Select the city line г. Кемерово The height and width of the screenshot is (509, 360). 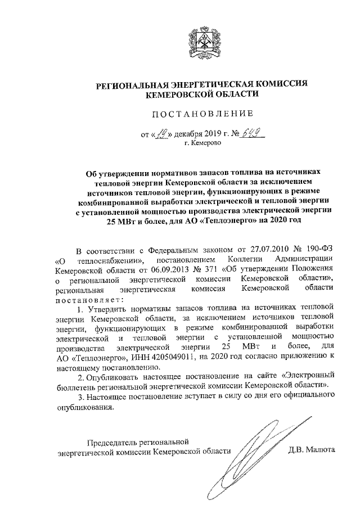[x=203, y=143]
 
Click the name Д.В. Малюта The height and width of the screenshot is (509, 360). [x=311, y=450]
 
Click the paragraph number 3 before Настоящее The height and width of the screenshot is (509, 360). [x=79, y=398]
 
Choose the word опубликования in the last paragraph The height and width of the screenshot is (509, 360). [x=84, y=408]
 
